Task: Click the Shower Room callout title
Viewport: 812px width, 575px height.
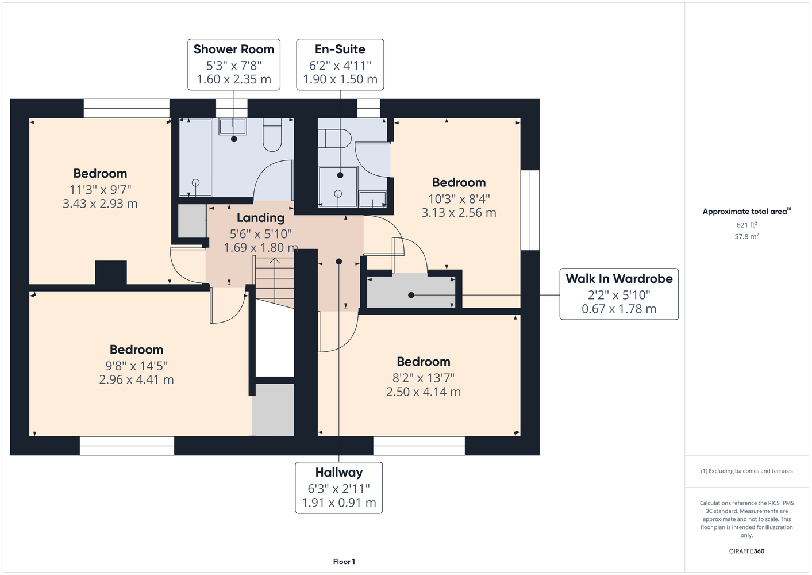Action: [x=234, y=49]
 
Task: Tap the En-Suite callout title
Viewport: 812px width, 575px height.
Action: [x=340, y=49]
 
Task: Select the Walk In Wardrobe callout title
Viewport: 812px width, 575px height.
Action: [x=619, y=279]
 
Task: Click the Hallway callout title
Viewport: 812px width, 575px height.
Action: [x=339, y=472]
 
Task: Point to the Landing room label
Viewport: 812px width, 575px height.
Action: [x=261, y=218]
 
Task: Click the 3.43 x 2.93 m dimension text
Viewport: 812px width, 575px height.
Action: [x=100, y=204]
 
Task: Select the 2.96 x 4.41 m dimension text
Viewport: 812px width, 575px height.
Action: [x=136, y=379]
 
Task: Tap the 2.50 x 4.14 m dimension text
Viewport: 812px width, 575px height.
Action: [x=424, y=392]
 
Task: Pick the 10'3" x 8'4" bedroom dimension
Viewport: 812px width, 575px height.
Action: [x=459, y=199]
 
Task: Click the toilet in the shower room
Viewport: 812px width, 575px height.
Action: [x=272, y=135]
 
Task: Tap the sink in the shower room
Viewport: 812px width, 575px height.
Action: [x=232, y=126]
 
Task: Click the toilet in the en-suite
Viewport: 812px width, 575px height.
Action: [x=334, y=138]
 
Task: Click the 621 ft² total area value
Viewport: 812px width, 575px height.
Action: [x=746, y=225]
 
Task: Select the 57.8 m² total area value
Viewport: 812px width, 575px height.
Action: [x=746, y=236]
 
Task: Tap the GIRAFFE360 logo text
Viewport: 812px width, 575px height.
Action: [x=746, y=551]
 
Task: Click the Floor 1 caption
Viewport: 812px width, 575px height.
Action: [x=344, y=562]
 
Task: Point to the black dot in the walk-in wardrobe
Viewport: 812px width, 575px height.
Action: [x=411, y=296]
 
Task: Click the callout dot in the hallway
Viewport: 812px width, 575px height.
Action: [x=339, y=262]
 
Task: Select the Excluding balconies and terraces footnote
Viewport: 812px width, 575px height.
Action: [x=746, y=471]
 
